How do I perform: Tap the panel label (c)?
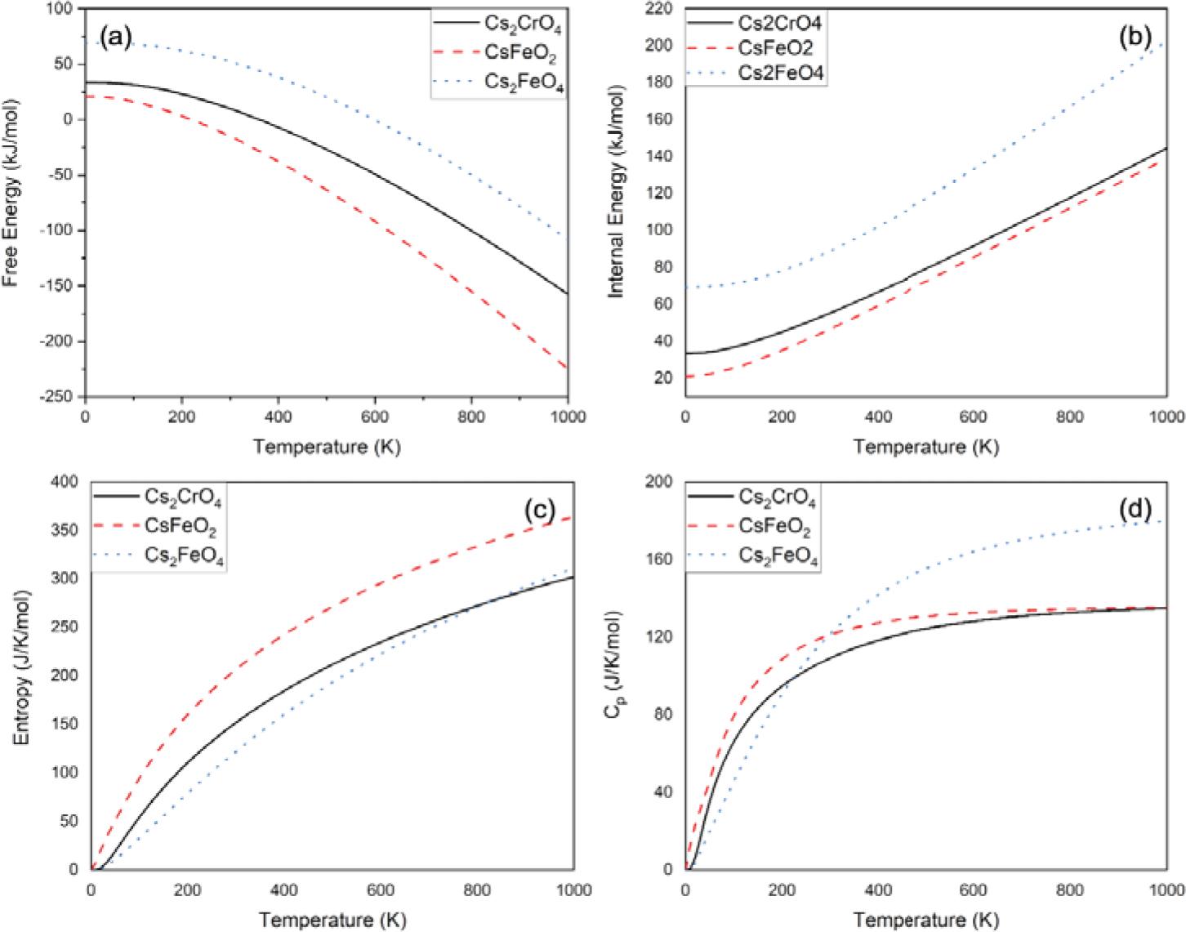pyautogui.click(x=540, y=510)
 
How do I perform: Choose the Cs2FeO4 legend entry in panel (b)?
pyautogui.click(x=779, y=74)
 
